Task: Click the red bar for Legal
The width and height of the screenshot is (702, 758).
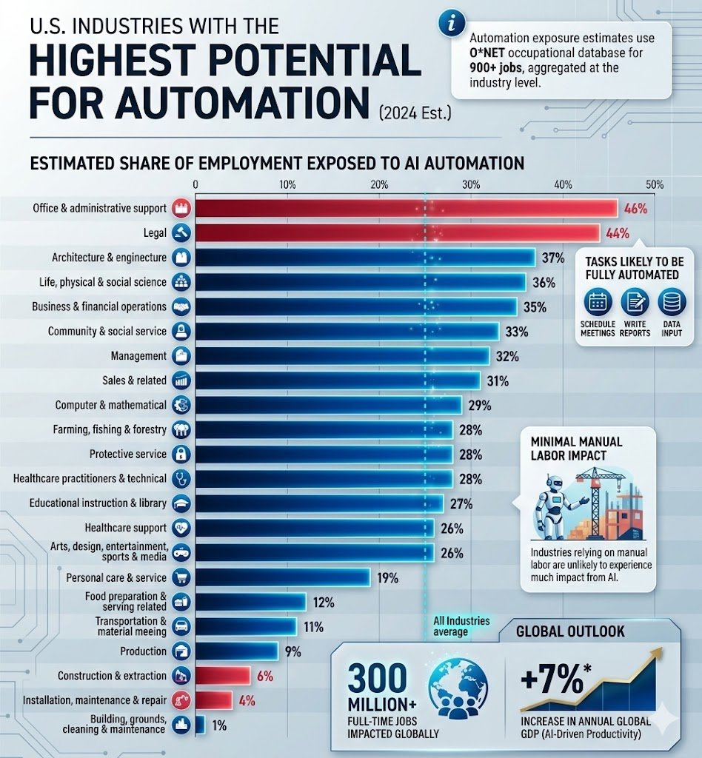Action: pyautogui.click(x=398, y=233)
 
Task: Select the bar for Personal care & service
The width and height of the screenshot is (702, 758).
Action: pyautogui.click(x=283, y=577)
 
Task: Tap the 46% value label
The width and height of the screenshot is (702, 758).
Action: pyautogui.click(x=635, y=209)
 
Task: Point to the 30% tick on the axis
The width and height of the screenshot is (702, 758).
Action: pyautogui.click(x=471, y=184)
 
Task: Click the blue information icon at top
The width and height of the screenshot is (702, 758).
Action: pyautogui.click(x=452, y=23)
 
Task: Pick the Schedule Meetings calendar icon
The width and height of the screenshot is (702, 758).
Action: pyautogui.click(x=598, y=302)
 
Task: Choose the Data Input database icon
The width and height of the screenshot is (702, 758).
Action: pyautogui.click(x=672, y=302)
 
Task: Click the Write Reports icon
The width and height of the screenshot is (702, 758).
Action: pyautogui.click(x=635, y=302)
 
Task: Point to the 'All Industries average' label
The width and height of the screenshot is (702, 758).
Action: pyautogui.click(x=461, y=626)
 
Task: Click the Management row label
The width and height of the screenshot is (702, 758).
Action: pyautogui.click(x=138, y=356)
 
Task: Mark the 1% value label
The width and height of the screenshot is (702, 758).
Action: pyautogui.click(x=219, y=725)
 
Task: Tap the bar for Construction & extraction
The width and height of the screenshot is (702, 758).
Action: pyautogui.click(x=223, y=675)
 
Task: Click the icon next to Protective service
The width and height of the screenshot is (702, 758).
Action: pyautogui.click(x=181, y=454)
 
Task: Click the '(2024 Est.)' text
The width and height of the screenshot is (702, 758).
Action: pyautogui.click(x=415, y=113)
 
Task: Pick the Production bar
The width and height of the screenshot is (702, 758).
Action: pyautogui.click(x=236, y=651)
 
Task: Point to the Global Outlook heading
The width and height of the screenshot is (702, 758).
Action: pyautogui.click(x=570, y=631)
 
